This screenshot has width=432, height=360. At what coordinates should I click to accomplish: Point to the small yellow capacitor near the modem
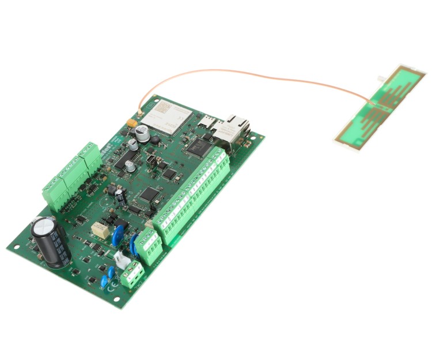(x=132, y=123)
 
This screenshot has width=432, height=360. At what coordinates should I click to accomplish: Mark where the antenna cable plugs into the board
(x=139, y=111)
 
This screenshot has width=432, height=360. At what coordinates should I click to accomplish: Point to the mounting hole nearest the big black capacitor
(x=17, y=246)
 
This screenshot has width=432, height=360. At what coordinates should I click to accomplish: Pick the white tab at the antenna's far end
(x=382, y=77)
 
